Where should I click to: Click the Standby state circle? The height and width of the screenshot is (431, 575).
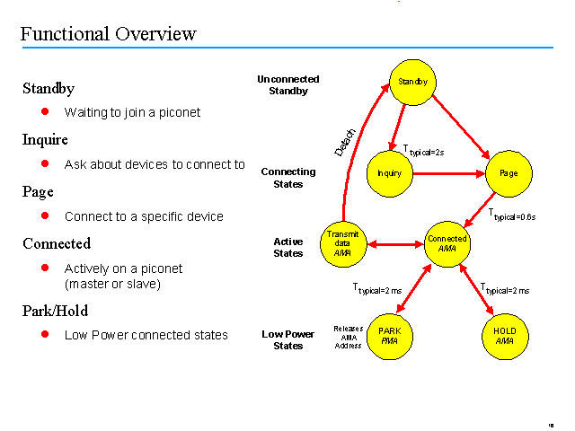pos(412,83)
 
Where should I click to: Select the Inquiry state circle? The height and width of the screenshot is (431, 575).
pos(390,172)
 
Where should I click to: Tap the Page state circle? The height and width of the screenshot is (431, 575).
pos(509,172)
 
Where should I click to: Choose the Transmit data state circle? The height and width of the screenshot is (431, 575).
pos(341,243)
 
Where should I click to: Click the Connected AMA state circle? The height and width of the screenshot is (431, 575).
pos(447,243)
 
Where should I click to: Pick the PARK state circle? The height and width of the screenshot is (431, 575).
pos(390,336)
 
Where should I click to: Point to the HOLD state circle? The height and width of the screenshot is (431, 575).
pos(505,336)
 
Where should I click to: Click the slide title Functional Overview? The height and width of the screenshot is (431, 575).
pos(108,35)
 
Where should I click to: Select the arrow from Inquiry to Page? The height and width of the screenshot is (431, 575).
pos(449,172)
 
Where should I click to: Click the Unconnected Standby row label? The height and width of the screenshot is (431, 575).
pos(288,85)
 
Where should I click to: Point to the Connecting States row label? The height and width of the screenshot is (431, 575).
pos(288,178)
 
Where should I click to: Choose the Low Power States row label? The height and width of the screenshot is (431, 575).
pos(288,340)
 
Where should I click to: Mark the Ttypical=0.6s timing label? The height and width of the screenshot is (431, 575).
pos(515,215)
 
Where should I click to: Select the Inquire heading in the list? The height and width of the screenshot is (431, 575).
pos(45,140)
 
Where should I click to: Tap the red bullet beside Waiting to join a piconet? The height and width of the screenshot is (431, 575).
pos(44,112)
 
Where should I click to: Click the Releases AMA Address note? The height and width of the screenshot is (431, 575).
pos(348,337)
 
